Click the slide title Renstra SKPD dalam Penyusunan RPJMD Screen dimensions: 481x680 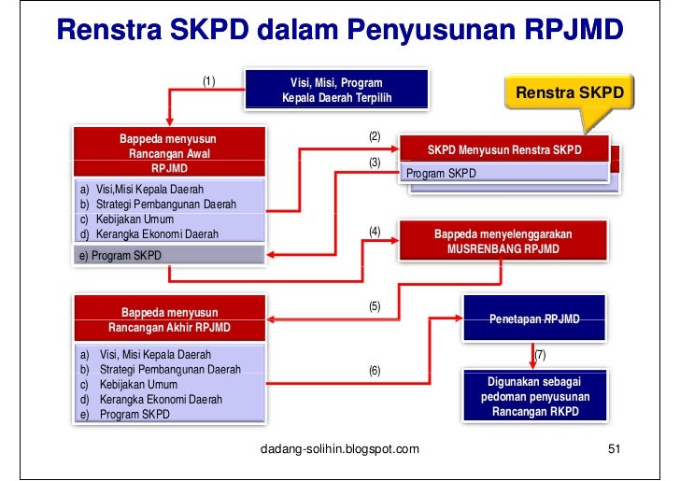click(339, 30)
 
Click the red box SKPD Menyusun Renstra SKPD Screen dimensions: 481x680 click(503, 149)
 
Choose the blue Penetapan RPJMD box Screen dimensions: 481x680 click(533, 319)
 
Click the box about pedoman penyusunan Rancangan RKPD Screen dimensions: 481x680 click(533, 397)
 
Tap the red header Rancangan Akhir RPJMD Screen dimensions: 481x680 click(169, 319)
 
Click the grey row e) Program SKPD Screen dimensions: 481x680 click(169, 255)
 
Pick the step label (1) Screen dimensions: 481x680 click(209, 80)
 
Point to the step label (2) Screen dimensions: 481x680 click(375, 136)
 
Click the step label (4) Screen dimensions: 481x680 click(375, 232)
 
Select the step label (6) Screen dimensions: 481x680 click(375, 371)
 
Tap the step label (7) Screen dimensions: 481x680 click(540, 356)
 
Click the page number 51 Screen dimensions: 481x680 click(614, 450)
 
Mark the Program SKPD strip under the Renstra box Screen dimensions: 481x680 click(504, 174)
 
